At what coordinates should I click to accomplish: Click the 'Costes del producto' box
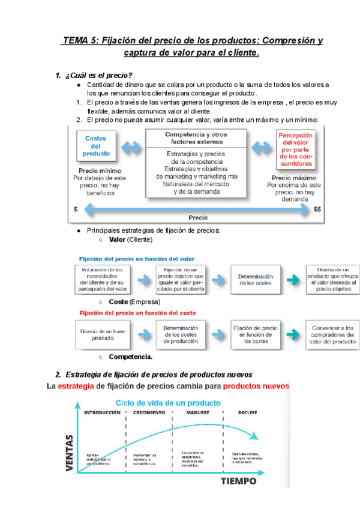(96, 146)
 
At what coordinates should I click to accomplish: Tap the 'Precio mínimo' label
(95, 170)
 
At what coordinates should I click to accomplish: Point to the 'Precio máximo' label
(294, 178)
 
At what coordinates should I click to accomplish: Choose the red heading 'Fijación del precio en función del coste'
(135, 313)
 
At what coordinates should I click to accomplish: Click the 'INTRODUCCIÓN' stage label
(106, 413)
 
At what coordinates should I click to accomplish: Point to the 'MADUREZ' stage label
(197, 413)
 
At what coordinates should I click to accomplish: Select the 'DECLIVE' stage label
(248, 413)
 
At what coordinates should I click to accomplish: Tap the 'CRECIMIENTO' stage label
(150, 413)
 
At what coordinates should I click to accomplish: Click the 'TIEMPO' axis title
(239, 481)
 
